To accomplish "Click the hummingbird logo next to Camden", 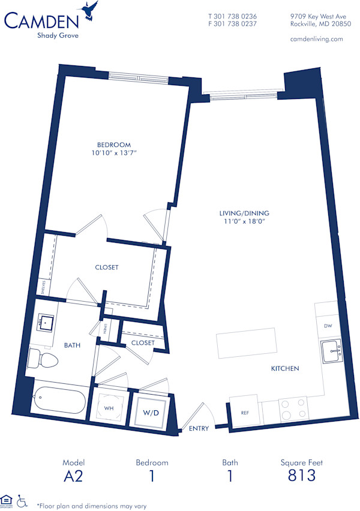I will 91,10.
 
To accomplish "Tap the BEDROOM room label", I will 114,145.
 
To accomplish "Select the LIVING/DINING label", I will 244,213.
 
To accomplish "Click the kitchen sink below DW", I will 331,351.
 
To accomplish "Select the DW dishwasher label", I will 328,326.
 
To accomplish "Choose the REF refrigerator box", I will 244,409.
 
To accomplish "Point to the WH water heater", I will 109,408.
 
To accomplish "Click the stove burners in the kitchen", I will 293,408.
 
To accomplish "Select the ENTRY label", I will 198,429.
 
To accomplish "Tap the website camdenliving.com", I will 316,38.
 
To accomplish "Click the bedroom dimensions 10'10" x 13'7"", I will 114,154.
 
